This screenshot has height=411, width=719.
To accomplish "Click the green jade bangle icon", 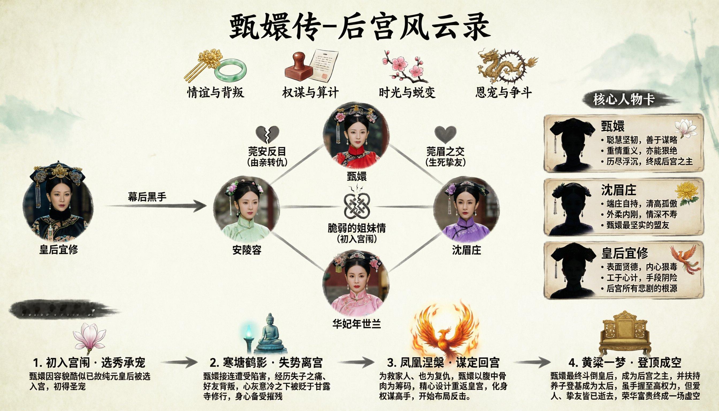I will pos(230,69).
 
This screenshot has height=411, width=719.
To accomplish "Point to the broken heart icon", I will pos(267,134).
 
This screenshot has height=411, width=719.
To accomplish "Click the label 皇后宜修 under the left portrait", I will pos(59,250).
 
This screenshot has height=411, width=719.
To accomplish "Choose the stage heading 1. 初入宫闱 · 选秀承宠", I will pos(89,363).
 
